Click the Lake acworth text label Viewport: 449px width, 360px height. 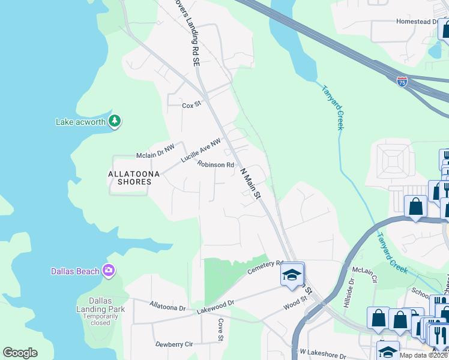[x=80, y=122]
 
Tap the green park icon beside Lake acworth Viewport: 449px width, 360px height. [x=115, y=122]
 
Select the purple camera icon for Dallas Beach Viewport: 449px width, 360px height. [x=108, y=271]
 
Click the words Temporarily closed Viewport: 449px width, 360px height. [x=97, y=319]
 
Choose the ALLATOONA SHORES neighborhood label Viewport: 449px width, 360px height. [x=134, y=178]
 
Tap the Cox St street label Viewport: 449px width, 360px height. [x=190, y=105]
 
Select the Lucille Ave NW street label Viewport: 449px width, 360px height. [x=201, y=151]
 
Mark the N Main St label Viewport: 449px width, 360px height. [x=251, y=184]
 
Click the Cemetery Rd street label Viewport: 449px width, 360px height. [x=265, y=267]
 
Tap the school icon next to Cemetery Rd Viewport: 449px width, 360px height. [x=292, y=275]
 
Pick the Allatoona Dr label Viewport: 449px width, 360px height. [x=168, y=307]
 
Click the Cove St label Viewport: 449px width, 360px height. [x=220, y=331]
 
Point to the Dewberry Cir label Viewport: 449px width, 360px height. [x=173, y=344]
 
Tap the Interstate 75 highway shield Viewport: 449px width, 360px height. [x=402, y=81]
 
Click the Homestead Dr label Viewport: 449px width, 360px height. [x=417, y=22]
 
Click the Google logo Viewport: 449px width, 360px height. [x=20, y=353]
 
